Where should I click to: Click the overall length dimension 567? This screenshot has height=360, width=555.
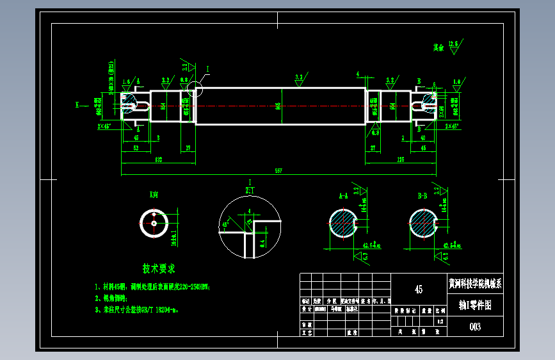[x=278, y=171]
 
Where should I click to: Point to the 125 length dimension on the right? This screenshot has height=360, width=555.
[x=401, y=159]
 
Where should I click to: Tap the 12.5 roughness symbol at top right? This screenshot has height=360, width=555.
[x=453, y=45]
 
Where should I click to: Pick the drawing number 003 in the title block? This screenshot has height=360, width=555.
[x=475, y=327]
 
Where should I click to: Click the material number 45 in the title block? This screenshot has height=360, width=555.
[x=418, y=290]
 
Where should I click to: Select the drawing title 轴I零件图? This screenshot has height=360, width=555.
[x=475, y=306]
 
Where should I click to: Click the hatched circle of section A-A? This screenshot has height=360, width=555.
[x=343, y=224]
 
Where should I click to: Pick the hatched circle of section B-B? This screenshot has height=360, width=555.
[x=422, y=224]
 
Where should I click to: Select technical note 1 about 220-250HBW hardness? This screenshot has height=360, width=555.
[x=152, y=287]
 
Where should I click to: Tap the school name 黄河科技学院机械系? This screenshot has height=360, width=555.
[x=475, y=282]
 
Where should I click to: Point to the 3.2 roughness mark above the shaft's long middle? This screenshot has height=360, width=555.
[x=298, y=78]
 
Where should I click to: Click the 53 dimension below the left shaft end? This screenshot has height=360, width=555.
[x=136, y=148]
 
